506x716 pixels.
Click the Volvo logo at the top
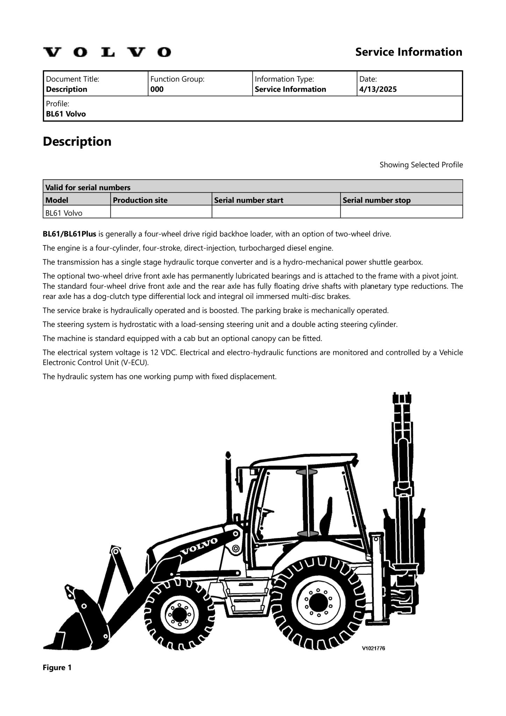coord(107,52)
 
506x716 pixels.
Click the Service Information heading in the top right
coord(408,52)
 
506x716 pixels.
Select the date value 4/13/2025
coord(378,89)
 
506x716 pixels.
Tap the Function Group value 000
coord(157,89)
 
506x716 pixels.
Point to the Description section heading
coord(77,142)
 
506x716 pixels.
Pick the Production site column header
coord(140,200)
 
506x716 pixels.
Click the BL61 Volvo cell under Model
coord(64,213)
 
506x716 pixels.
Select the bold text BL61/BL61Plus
coord(69,234)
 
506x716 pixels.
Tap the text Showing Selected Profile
coord(421,165)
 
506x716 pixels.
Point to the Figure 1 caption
coord(57,668)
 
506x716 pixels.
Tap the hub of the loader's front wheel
coord(179,614)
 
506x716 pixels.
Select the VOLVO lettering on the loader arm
coord(199,546)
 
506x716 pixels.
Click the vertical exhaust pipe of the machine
coord(229,489)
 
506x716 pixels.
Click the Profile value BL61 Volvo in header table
coord(66,114)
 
